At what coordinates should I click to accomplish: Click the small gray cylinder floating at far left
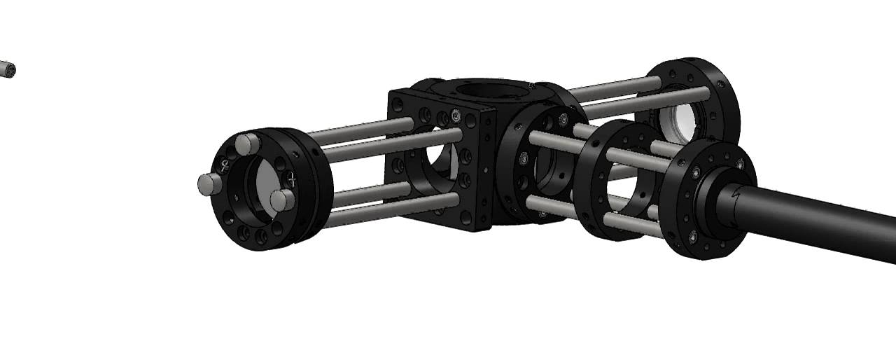[x=7, y=69]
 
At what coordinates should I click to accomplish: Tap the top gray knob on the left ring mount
[x=246, y=144]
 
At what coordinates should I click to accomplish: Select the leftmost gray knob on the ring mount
[x=207, y=184]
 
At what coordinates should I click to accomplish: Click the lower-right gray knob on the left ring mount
[x=281, y=200]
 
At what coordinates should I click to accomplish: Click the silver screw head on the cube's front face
[x=457, y=115]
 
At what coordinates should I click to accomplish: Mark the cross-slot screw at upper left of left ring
[x=225, y=167]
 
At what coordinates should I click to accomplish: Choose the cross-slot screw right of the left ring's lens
[x=293, y=181]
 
